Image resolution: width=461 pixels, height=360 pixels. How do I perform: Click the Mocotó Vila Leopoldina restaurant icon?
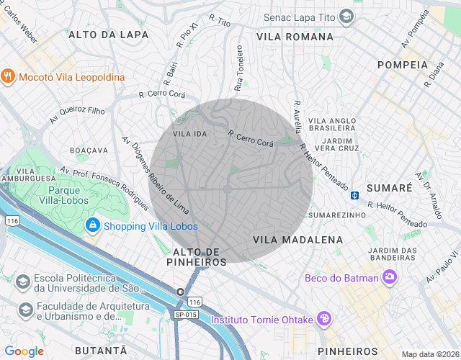pos(9,77)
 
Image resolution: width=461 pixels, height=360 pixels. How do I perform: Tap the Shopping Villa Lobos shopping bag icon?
pos(92,226)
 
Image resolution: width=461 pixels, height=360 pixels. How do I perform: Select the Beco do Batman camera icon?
pos(390,276)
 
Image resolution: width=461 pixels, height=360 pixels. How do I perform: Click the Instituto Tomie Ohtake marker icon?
pos(324,318)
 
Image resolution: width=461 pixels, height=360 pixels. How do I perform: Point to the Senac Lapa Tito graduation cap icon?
pos(347,16)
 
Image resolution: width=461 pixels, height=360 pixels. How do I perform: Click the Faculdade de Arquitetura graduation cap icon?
pos(25,310)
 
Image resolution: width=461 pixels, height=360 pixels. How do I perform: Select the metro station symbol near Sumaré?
pos(355,194)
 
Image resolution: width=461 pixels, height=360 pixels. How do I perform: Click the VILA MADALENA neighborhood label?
pos(297,239)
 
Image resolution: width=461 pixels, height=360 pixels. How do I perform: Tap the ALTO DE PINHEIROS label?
pos(200,256)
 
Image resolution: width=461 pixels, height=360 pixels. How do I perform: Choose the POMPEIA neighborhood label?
pos(402,65)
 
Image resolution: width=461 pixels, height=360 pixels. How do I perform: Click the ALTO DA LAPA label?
pos(108,35)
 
